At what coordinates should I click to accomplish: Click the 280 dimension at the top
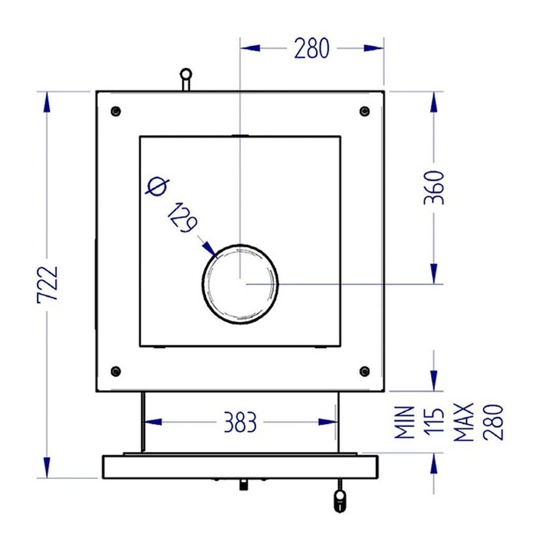click(x=311, y=48)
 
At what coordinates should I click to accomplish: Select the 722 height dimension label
click(x=47, y=285)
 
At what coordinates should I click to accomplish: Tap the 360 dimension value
click(x=434, y=187)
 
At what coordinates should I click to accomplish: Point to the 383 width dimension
click(x=240, y=422)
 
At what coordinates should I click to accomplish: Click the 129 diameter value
click(x=183, y=218)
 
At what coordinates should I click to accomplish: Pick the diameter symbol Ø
click(x=157, y=186)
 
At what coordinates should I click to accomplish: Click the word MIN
click(x=404, y=422)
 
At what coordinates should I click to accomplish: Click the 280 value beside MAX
click(x=493, y=422)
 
